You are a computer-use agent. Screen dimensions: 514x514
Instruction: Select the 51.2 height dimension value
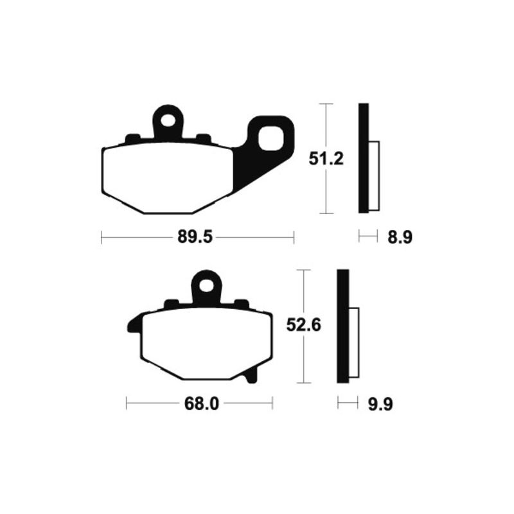(x=326, y=159)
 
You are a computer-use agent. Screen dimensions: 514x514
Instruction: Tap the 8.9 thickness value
(x=398, y=238)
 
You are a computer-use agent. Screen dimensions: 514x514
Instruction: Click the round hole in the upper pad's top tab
(x=169, y=120)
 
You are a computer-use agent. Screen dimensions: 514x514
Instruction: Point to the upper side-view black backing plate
(x=364, y=158)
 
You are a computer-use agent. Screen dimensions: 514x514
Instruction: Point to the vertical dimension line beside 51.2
(x=327, y=193)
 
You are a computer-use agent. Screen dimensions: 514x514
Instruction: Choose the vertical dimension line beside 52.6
(x=303, y=360)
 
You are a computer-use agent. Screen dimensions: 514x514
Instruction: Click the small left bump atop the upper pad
(x=133, y=138)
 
